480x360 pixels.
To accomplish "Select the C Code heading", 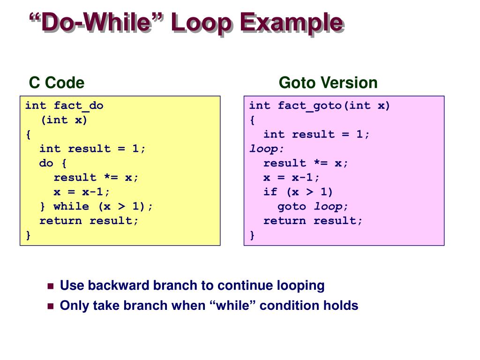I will [57, 83].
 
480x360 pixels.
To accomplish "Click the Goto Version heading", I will [328, 83].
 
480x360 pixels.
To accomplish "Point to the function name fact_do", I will [78, 105].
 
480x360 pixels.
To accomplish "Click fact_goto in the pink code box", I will [310, 105].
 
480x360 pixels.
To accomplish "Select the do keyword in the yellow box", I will [46, 163].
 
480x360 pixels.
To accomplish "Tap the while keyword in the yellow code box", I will [71, 206].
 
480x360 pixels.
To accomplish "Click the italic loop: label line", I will [267, 149].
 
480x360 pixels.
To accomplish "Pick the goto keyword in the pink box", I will [292, 206].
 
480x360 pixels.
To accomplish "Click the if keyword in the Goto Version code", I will [270, 192].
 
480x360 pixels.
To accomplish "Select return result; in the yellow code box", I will [89, 221].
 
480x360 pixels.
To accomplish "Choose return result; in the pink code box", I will [313, 221].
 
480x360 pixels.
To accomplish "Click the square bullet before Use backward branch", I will [51, 286].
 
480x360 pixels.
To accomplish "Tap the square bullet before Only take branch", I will [51, 307].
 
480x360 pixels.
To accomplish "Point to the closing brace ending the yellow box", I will [28, 235].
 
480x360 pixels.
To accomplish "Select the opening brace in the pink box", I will [252, 120].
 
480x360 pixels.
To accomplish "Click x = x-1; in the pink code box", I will [292, 178].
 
